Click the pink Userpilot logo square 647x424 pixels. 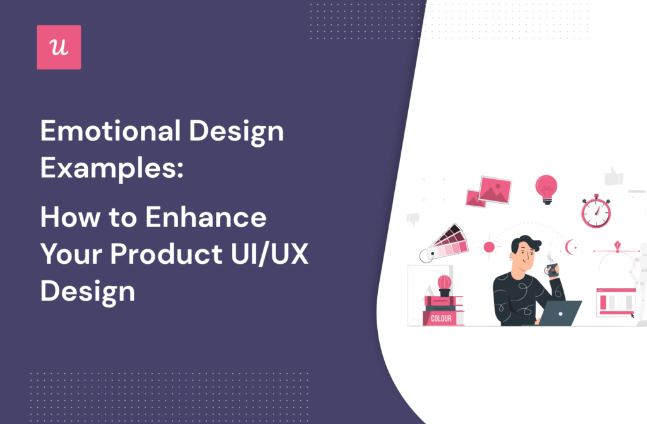[x=59, y=47]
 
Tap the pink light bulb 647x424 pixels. [x=546, y=188]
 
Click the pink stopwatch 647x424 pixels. [x=595, y=211]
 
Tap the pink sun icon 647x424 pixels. [x=488, y=246]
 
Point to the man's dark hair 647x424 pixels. [x=523, y=243]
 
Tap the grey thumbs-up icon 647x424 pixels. [x=612, y=175]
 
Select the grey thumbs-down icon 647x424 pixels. [x=413, y=219]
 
